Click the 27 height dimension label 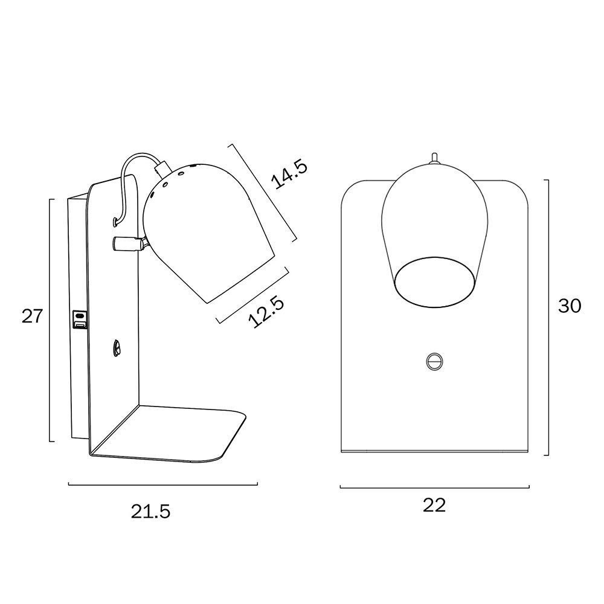pos(31,316)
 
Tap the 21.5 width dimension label pos(150,511)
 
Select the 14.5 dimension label pos(289,175)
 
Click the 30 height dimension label pos(570,306)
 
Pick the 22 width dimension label pos(434,504)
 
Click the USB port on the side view pos(79,320)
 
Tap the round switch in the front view pos(434,361)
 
